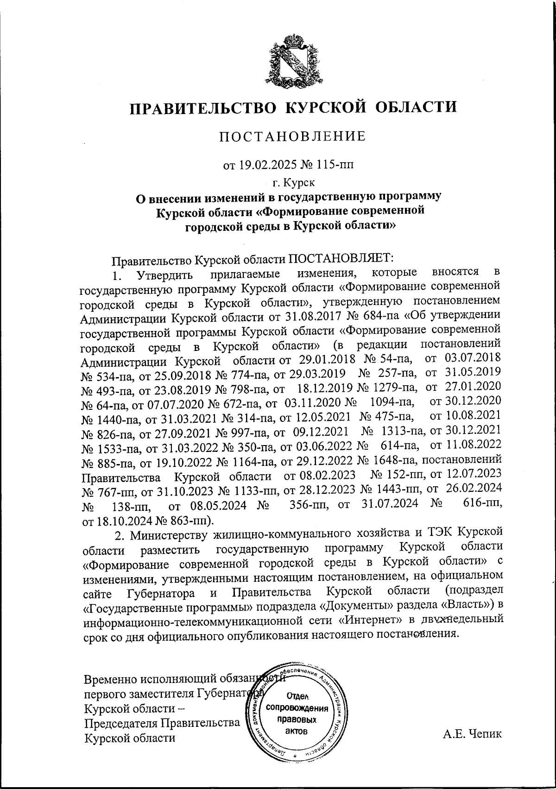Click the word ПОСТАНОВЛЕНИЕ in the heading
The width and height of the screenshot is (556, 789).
coord(292,136)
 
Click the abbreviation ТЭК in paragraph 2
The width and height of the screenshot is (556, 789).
coord(438,534)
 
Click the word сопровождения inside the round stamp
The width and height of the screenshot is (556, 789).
coord(295,709)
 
